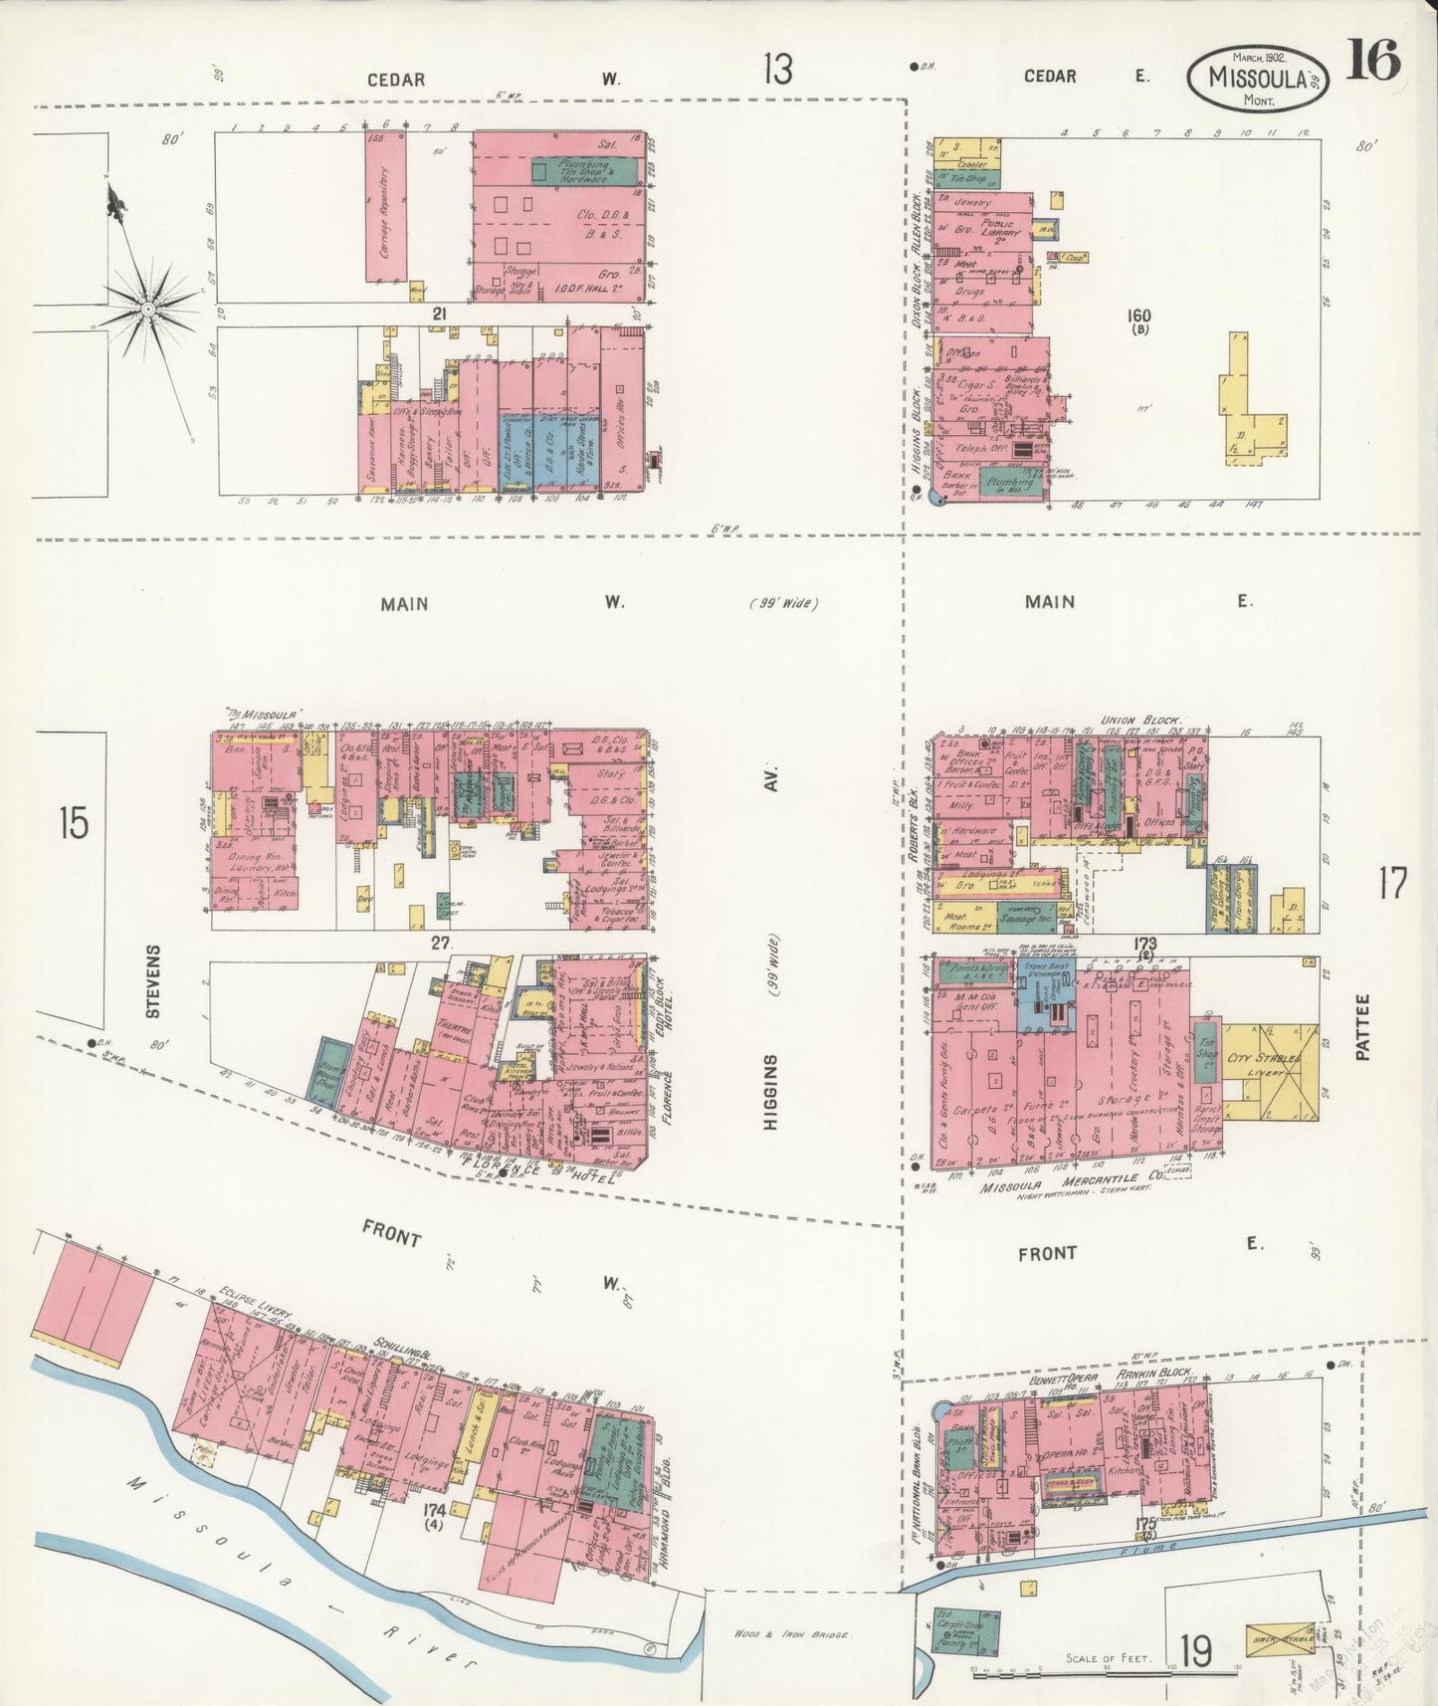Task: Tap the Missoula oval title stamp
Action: [x=1257, y=78]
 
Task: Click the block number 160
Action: [x=1138, y=316]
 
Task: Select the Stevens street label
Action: [x=153, y=980]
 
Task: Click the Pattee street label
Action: [x=1362, y=1026]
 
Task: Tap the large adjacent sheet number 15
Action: [x=73, y=824]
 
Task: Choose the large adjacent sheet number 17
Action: [x=1391, y=883]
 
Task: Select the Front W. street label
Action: [x=393, y=1236]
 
